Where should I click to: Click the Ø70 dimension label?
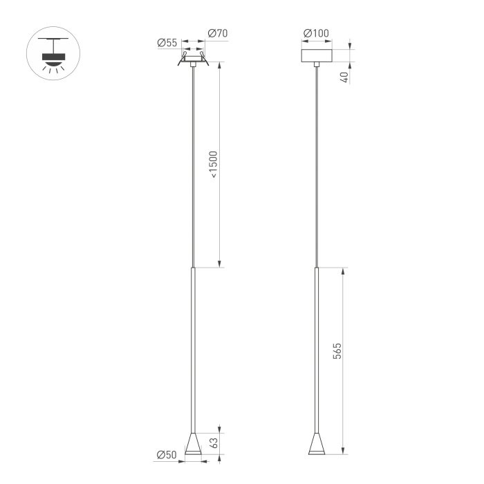pos(218,33)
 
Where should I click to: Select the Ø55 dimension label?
pos(167,43)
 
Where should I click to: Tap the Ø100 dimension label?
pos(316,33)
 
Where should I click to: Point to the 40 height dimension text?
pos(344,77)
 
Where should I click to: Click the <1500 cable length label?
pos(213,165)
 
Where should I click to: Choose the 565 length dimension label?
pos(337,351)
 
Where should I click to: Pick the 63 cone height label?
pos(213,443)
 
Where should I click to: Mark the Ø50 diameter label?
pos(167,455)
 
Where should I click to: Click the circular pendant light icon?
pos(53,53)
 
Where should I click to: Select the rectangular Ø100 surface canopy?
pos(317,55)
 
